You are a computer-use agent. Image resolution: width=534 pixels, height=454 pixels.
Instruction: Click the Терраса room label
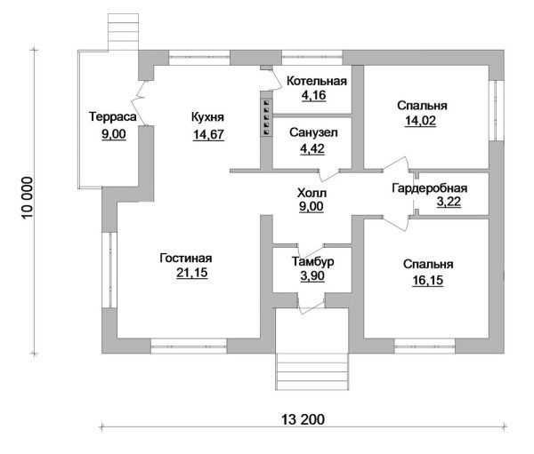(113, 116)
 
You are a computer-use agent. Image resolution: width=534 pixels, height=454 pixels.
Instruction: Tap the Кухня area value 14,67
(208, 135)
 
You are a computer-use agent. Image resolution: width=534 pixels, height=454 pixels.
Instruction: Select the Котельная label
(317, 81)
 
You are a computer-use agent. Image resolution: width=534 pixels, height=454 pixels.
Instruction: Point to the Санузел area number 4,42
(312, 148)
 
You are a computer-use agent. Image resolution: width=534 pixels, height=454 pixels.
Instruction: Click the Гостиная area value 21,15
(192, 273)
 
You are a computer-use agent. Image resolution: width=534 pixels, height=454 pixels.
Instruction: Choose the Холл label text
(311, 193)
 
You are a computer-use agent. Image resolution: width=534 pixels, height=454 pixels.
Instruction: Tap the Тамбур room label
(312, 261)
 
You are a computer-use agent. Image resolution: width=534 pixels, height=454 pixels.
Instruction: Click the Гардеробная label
(430, 188)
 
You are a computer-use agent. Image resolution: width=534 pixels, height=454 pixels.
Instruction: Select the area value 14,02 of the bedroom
(421, 121)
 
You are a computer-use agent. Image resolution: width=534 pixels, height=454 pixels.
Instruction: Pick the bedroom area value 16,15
(428, 280)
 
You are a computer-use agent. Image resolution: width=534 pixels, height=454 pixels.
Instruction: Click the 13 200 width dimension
(303, 419)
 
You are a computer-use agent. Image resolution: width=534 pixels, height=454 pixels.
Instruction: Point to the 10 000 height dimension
(28, 197)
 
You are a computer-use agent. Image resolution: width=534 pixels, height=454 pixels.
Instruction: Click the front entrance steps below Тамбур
(312, 371)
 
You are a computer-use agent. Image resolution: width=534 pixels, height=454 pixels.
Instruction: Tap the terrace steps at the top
(124, 32)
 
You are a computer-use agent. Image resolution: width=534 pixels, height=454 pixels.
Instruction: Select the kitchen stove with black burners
(266, 117)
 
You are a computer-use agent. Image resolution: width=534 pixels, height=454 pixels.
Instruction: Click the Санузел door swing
(328, 174)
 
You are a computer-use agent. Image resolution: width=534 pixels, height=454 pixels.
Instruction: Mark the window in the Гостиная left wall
(109, 270)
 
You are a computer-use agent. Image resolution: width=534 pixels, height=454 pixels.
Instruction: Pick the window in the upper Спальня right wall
(497, 110)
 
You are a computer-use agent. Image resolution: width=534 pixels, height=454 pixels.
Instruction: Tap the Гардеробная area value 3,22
(449, 202)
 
